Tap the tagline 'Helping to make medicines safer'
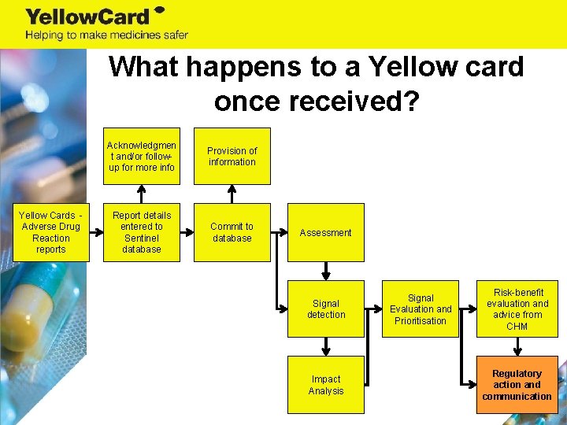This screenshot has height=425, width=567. tap(106, 35)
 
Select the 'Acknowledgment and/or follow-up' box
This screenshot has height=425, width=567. tap(142, 156)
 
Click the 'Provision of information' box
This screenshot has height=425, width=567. tap(232, 156)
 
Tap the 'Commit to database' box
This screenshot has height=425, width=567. tap(232, 232)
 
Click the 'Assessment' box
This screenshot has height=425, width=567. tap(325, 232)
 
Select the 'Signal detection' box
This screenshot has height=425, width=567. tap(325, 309)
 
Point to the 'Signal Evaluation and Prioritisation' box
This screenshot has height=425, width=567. tap(421, 309)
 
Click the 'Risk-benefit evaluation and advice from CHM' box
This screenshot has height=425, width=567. tap(517, 309)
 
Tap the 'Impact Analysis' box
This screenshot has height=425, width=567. tap(325, 385)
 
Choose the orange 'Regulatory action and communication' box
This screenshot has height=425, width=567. tap(517, 385)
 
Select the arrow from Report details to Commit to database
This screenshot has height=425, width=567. tap(187, 232)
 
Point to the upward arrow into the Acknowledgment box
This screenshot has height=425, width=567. tap(142, 194)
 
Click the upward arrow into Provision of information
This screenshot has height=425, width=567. tap(232, 194)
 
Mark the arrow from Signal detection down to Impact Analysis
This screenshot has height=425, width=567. tap(325, 346)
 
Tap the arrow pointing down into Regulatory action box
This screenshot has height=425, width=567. tap(517, 346)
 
